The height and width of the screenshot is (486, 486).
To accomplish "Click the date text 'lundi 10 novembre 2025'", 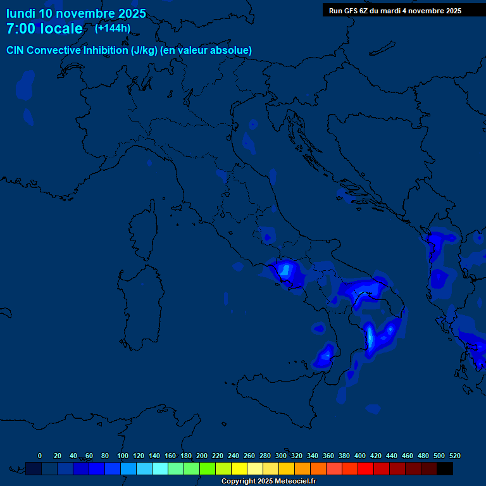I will tap(76, 13).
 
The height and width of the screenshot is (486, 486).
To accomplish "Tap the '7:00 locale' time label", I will tap(44, 28).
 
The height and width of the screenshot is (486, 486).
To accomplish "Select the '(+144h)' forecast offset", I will tap(113, 28).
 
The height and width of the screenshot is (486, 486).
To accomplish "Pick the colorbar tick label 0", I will tap(40, 456).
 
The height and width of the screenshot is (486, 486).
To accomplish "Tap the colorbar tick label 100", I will tap(123, 456).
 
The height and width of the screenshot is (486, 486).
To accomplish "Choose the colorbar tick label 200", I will tap(202, 456).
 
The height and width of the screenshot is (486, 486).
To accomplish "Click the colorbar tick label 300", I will tap(281, 456).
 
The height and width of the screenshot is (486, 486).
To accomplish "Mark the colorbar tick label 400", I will tap(360, 456).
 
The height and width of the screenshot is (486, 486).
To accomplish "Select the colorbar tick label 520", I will tap(454, 456).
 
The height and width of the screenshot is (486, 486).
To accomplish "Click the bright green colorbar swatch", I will tap(208, 468).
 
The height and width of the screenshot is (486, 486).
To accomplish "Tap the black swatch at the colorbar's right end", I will tap(445, 468).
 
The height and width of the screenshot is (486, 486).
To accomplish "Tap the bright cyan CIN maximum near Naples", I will tap(285, 270).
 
